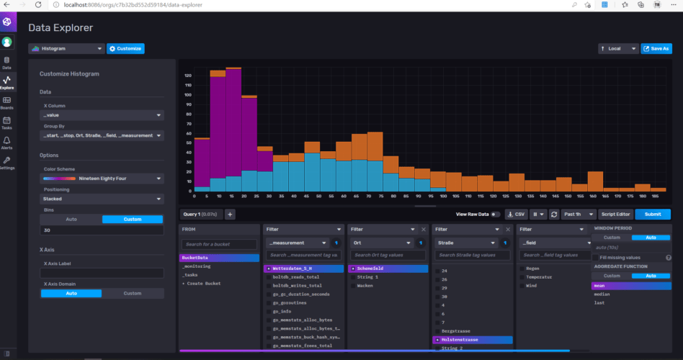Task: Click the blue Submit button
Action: point(652,214)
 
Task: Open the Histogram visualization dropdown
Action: point(67,49)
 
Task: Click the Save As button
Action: point(656,49)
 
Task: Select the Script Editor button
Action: point(616,214)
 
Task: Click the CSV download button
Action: point(516,214)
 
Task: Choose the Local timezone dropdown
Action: point(618,49)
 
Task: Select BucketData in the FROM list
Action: point(218,257)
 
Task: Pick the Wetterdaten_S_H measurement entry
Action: point(303,268)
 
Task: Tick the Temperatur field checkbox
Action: point(522,276)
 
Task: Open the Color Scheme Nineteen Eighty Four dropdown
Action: point(102,177)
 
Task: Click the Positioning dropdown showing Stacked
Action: point(102,198)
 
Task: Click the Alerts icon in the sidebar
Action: point(6,142)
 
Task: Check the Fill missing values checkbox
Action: point(596,257)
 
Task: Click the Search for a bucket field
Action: point(219,244)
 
